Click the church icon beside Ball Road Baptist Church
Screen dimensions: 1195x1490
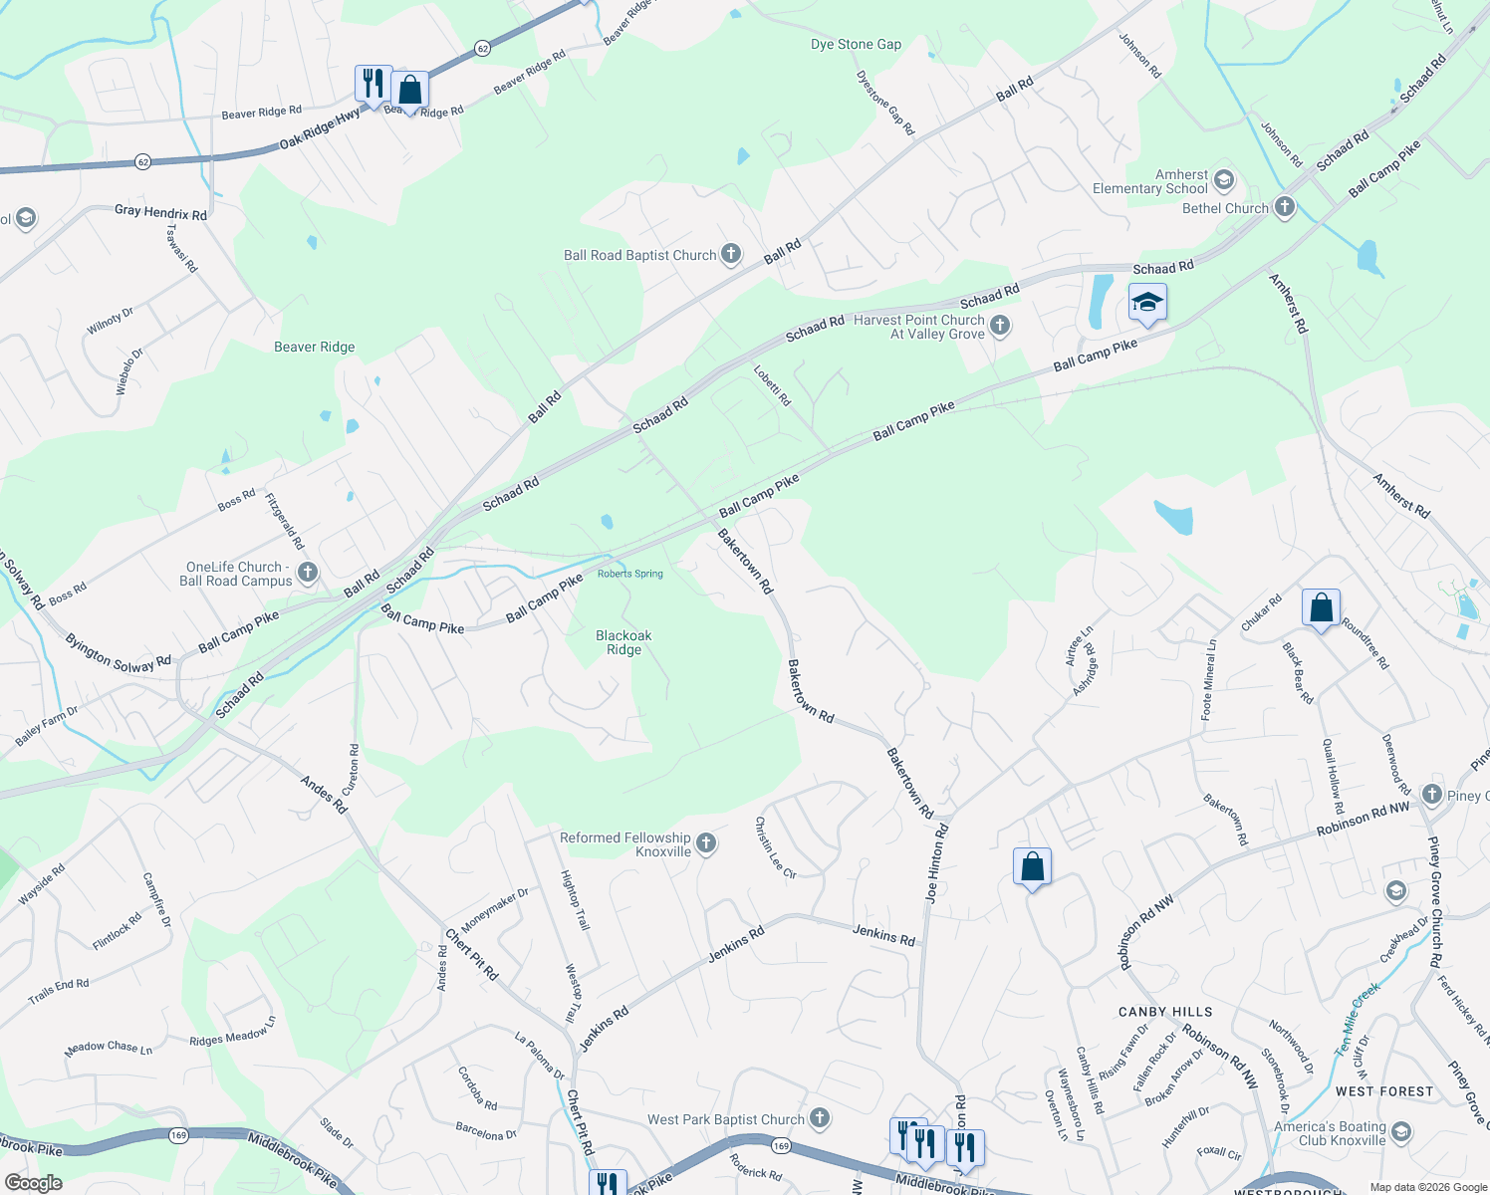tap(731, 254)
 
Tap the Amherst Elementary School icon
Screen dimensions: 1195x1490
tap(1225, 180)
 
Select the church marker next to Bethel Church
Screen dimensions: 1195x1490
tap(1285, 207)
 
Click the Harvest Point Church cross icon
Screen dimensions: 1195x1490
tap(1000, 326)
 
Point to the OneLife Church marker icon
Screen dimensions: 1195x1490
tap(308, 572)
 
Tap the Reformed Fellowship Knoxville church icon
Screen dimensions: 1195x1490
tap(706, 844)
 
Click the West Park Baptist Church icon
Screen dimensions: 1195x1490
tap(820, 1118)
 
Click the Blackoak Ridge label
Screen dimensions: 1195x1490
tap(623, 642)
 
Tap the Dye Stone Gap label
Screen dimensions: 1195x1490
tap(856, 45)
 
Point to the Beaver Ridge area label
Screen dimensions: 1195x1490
tap(315, 347)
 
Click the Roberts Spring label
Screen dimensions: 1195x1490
tap(629, 574)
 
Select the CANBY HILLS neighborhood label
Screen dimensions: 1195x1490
tap(1164, 1012)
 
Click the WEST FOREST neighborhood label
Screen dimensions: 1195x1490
tap(1383, 1091)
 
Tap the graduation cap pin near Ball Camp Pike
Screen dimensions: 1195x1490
tap(1146, 302)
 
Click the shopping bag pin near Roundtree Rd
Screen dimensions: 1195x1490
tap(1321, 606)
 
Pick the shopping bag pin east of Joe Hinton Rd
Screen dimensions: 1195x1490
tap(1032, 866)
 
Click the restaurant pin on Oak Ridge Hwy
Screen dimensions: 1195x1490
tap(372, 83)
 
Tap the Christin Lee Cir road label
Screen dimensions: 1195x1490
tap(775, 847)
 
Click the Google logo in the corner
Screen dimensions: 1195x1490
tap(33, 1182)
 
